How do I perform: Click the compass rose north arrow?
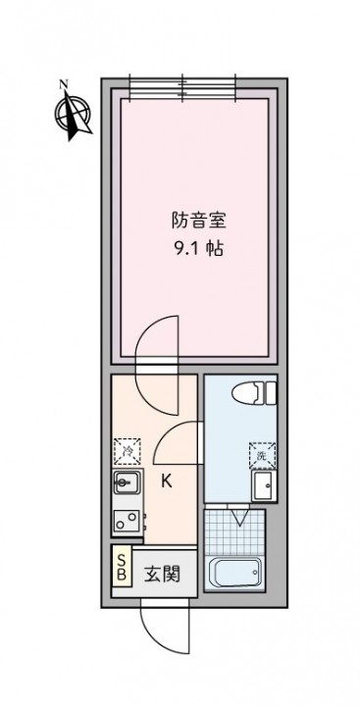click(73, 114)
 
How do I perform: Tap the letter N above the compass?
click(64, 83)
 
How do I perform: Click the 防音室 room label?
click(198, 222)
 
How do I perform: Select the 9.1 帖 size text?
click(198, 249)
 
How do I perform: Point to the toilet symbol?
click(254, 392)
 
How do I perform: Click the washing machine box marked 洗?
click(262, 455)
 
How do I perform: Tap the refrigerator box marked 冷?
click(127, 451)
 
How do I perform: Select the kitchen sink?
click(128, 483)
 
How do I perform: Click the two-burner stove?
click(128, 522)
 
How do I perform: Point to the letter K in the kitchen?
click(167, 482)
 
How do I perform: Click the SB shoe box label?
click(122, 566)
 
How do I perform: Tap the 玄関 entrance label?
click(162, 574)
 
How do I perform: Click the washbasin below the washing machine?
click(263, 485)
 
